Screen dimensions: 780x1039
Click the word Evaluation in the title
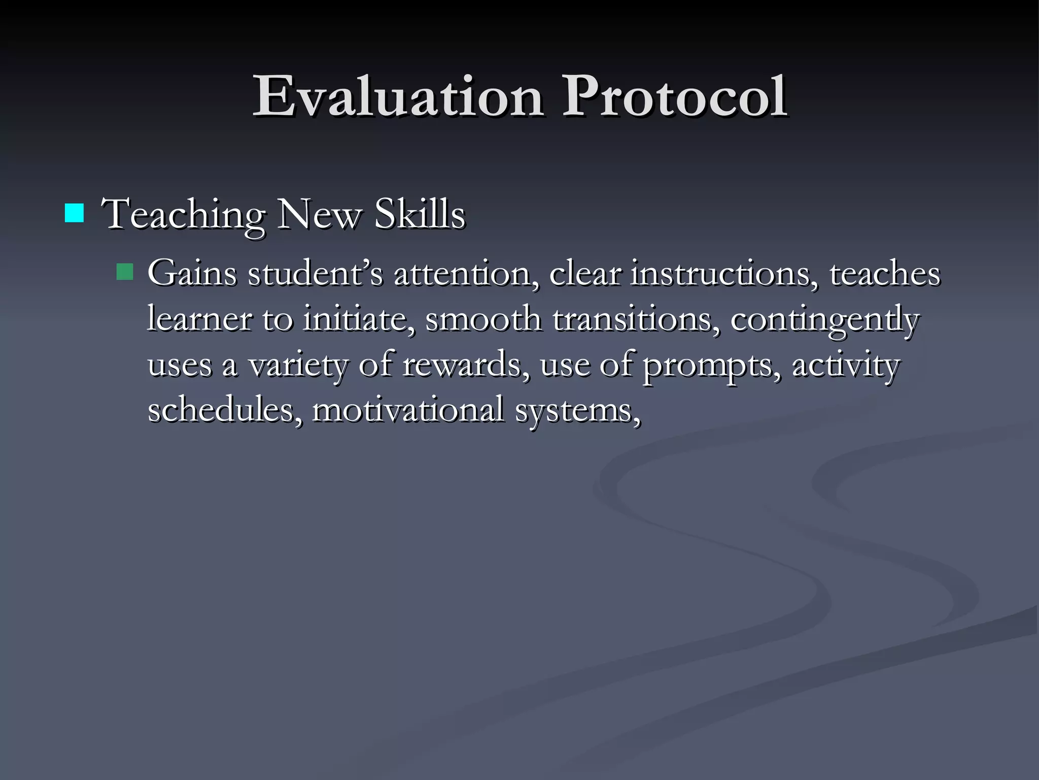pyautogui.click(x=399, y=96)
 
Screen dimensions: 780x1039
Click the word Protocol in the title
pyautogui.click(x=674, y=96)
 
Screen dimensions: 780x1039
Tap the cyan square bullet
pyautogui.click(x=75, y=213)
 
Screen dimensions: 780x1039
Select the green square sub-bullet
pyautogui.click(x=124, y=272)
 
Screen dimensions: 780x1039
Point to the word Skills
pyautogui.click(x=420, y=214)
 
